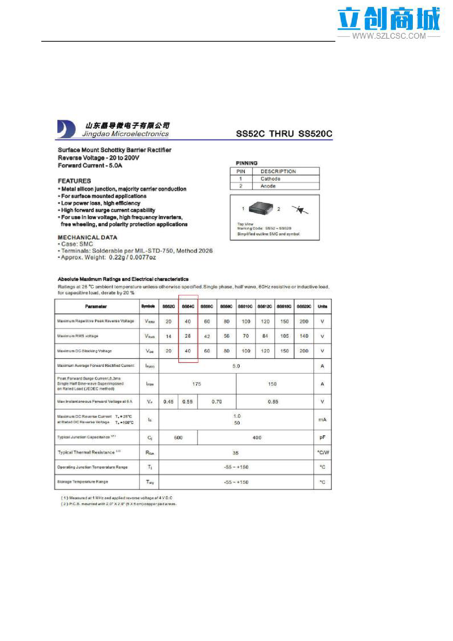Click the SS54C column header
click(x=188, y=306)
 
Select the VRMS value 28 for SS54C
click(x=188, y=336)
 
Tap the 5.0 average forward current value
click(x=236, y=366)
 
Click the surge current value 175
click(x=197, y=384)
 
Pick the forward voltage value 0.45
click(x=168, y=402)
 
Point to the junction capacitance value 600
click(x=178, y=437)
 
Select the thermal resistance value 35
click(x=236, y=453)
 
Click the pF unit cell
click(x=322, y=437)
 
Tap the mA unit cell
click(x=322, y=420)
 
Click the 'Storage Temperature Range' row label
click(x=83, y=482)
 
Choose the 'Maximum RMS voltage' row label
click(x=78, y=336)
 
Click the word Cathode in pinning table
click(x=270, y=179)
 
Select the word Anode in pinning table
click(x=268, y=186)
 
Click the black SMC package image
click(x=260, y=208)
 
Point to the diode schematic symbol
click(x=300, y=210)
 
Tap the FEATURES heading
click(x=74, y=181)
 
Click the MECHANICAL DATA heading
click(x=87, y=237)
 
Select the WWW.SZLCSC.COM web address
click(x=389, y=36)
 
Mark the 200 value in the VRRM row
click(x=304, y=322)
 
